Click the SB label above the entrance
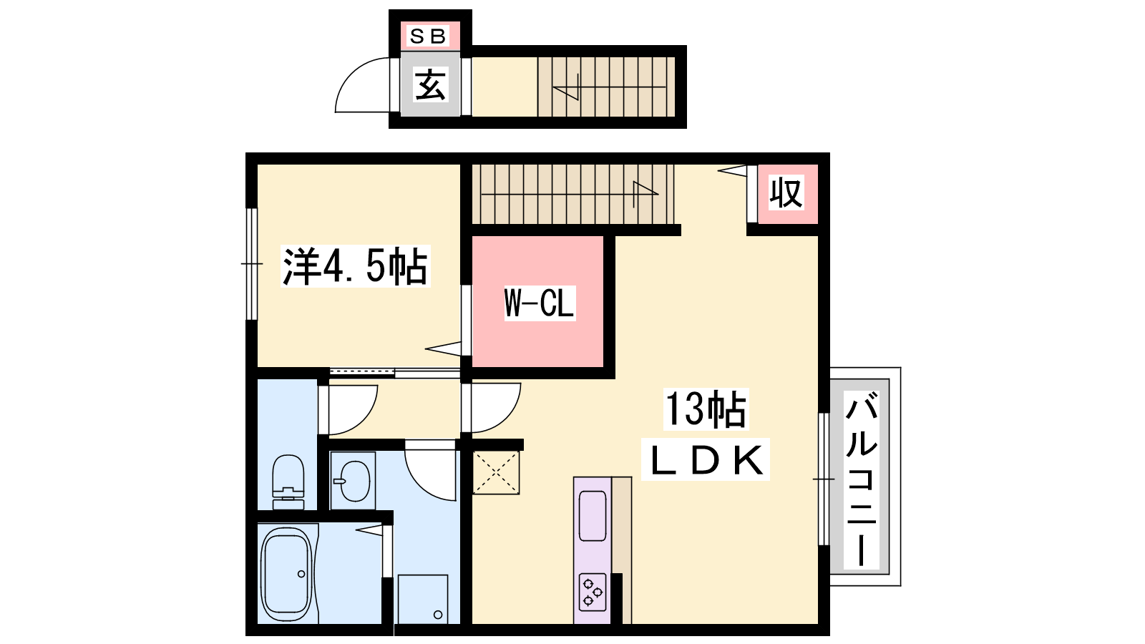tap(429, 36)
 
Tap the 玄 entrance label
tap(430, 85)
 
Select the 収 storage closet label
tap(786, 192)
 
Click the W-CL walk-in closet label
tap(540, 303)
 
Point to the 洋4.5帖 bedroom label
tap(355, 266)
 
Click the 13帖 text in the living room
tap(706, 409)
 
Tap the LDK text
tap(706, 460)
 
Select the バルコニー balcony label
tap(862, 479)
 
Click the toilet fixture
tap(288, 482)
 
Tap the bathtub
tap(286, 575)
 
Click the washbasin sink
tap(354, 481)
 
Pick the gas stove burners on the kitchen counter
tap(593, 592)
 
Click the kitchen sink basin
tap(593, 516)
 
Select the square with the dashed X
tap(496, 472)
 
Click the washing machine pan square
tap(423, 599)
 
